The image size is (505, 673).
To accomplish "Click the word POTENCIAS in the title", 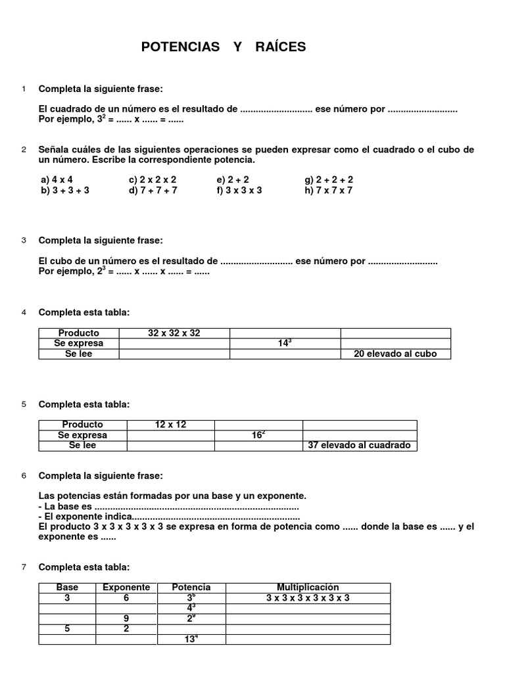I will [181, 47].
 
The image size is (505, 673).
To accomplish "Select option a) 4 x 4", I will [57, 179].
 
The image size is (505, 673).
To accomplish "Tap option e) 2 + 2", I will [234, 179].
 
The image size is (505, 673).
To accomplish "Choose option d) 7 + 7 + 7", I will [153, 191].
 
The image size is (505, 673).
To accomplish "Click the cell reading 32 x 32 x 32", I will [174, 333].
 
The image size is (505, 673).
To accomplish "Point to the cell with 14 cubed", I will [285, 343].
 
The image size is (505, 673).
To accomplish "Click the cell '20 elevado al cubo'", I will [395, 354].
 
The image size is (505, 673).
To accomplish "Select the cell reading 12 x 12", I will [170, 425].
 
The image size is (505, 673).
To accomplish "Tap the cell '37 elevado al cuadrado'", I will [359, 445].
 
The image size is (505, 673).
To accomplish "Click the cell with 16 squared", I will [258, 435].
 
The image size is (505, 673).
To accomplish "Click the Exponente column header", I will [126, 587].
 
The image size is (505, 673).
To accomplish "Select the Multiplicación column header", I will [307, 587].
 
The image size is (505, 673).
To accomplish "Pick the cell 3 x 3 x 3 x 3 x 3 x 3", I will [307, 597].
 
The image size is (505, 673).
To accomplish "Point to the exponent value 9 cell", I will [126, 618].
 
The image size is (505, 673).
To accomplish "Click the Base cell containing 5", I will [67, 628].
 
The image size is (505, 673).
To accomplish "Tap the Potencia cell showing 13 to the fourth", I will [191, 639].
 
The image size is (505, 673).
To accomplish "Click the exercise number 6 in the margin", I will [24, 476].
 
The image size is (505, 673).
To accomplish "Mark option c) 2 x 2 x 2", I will [153, 179].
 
